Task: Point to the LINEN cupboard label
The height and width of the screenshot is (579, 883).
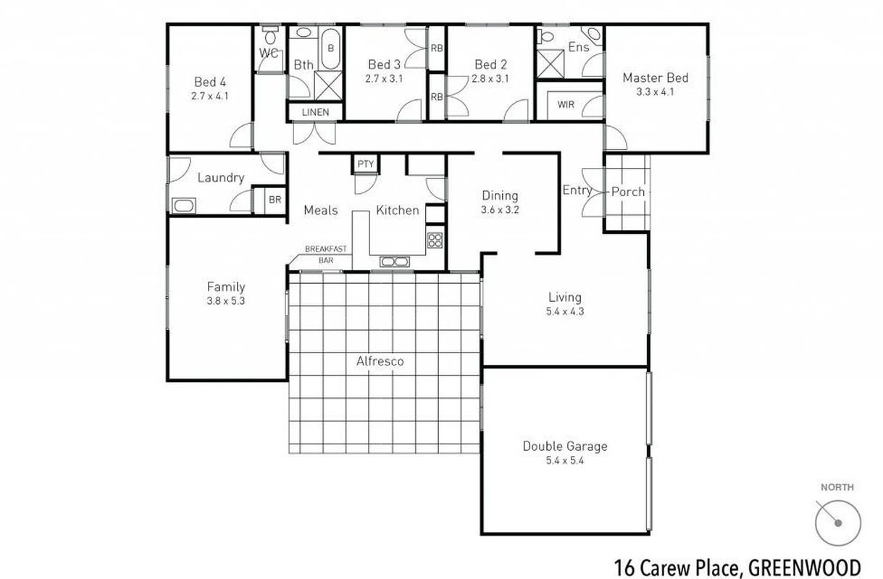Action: click(x=315, y=112)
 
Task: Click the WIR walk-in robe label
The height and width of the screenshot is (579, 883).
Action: click(x=566, y=104)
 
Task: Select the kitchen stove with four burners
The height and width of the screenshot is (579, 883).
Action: click(x=435, y=240)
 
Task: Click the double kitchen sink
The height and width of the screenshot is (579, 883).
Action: click(x=395, y=261)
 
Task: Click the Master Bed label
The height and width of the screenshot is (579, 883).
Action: click(x=655, y=78)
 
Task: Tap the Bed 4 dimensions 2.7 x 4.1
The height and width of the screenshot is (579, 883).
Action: click(x=210, y=95)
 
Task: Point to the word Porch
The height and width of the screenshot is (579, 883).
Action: click(x=627, y=192)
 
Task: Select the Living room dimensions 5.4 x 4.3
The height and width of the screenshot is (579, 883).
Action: click(x=564, y=312)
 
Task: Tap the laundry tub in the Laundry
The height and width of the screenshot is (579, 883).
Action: click(x=183, y=206)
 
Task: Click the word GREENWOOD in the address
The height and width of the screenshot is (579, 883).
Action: click(x=804, y=565)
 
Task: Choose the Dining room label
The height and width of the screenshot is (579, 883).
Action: click(x=500, y=195)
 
